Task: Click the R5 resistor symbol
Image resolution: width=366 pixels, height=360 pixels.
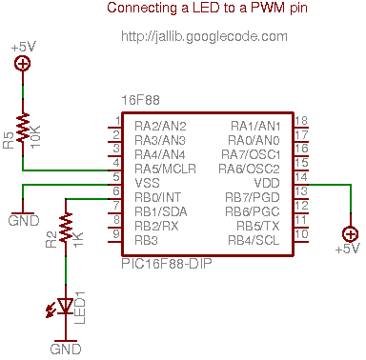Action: click(23, 127)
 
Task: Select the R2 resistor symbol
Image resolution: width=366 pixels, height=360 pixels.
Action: click(66, 228)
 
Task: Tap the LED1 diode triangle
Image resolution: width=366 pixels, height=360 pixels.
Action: click(66, 306)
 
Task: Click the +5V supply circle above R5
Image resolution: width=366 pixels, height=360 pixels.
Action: click(23, 63)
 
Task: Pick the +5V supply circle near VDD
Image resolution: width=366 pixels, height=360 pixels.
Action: click(351, 234)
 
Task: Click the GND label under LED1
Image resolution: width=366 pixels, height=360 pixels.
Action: click(66, 349)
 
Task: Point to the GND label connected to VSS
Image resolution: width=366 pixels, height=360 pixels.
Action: click(24, 220)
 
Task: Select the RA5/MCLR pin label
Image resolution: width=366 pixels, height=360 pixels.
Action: click(165, 169)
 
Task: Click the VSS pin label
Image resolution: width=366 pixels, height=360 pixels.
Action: click(147, 183)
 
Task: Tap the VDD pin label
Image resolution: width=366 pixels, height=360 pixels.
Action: click(267, 183)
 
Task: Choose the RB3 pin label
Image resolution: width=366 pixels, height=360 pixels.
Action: click(146, 240)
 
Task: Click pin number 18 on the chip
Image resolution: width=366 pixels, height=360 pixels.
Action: click(301, 121)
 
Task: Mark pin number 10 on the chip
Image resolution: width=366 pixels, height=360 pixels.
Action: click(301, 234)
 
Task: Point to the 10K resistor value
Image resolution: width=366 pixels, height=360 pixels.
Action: click(35, 136)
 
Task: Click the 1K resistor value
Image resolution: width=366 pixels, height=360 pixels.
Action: click(78, 239)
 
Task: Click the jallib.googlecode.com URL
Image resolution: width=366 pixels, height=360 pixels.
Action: click(204, 37)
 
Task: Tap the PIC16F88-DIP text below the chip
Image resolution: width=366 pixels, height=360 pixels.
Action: click(167, 264)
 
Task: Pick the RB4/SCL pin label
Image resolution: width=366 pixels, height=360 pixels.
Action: click(254, 240)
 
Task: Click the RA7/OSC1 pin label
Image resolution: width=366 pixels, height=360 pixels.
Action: click(251, 154)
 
